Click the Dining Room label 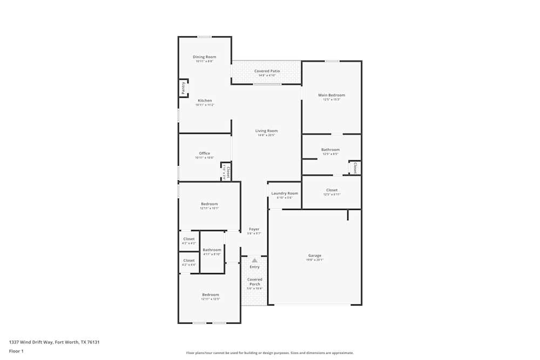[x=205, y=57]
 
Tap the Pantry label [x=184, y=87]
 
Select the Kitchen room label [x=205, y=100]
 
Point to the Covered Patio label [x=267, y=71]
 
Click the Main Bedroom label [x=332, y=95]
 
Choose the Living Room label [x=266, y=131]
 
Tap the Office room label [x=204, y=153]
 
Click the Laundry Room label [x=285, y=193]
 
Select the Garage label [x=315, y=255]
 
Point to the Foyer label [x=254, y=229]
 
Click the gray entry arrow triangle [x=254, y=260]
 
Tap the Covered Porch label [x=254, y=282]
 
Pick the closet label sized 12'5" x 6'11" [x=332, y=190]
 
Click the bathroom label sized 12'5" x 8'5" [x=330, y=150]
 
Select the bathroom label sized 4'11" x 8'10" [x=212, y=250]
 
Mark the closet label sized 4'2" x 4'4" [x=188, y=260]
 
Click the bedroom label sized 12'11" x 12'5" [x=210, y=295]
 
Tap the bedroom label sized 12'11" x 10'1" [x=210, y=204]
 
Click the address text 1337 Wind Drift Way [x=54, y=342]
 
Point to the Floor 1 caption [x=16, y=351]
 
